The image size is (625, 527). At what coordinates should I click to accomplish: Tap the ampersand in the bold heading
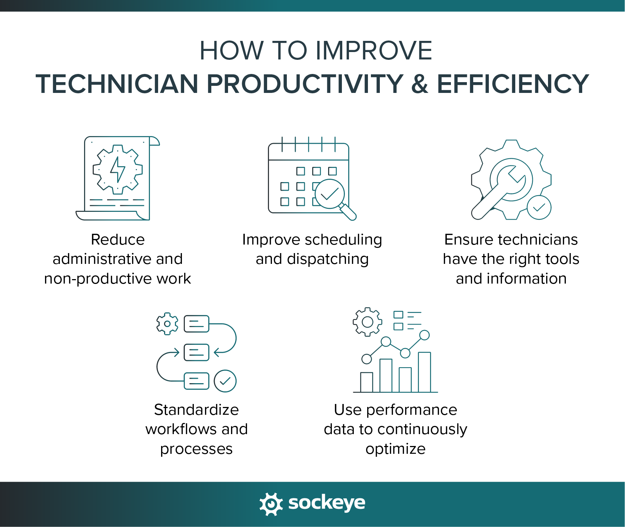coord(420,84)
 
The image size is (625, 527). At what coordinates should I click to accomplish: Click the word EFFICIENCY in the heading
coord(513,84)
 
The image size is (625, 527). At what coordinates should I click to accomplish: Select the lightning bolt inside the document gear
coord(118,169)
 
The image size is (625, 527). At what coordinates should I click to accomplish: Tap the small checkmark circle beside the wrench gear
coord(539,207)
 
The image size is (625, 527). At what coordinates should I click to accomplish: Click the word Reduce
coord(118,240)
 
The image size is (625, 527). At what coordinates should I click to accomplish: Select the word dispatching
coord(328,259)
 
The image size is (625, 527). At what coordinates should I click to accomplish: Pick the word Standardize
coord(196,410)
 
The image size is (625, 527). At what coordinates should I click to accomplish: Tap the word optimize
coord(395,449)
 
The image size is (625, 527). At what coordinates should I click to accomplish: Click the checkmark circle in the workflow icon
coord(225,381)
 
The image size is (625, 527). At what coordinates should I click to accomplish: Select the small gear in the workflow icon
coord(167,324)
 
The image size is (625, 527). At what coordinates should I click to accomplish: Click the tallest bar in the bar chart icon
coord(424,372)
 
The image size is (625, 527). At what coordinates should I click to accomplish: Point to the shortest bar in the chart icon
coord(367,382)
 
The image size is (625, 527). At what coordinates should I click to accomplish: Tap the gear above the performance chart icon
coord(367,322)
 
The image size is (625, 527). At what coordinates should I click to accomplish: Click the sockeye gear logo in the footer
coord(271,504)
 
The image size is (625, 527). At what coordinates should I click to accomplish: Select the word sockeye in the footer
coord(327,503)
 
